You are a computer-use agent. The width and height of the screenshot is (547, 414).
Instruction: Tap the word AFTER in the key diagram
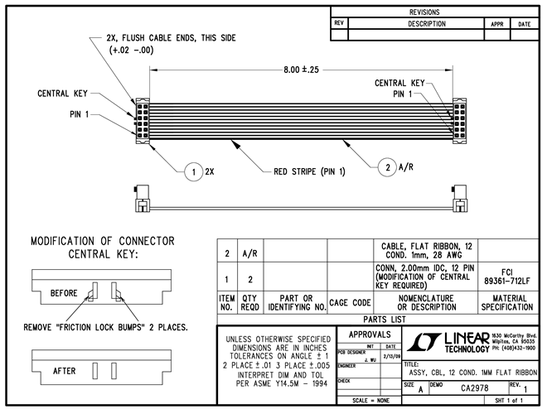coord(65,371)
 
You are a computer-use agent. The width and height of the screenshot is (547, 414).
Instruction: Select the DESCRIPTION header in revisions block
coord(415,24)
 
